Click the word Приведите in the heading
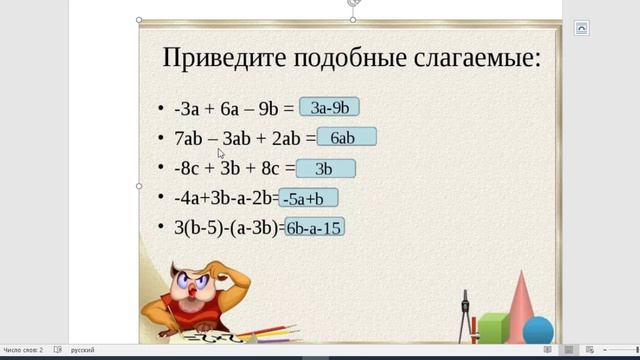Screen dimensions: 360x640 222,58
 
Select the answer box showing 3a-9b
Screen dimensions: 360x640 330,108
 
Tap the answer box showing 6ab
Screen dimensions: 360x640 346,138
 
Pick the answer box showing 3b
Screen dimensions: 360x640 325,168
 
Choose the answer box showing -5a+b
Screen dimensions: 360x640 309,198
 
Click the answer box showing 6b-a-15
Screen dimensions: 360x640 314,228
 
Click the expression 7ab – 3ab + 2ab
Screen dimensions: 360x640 237,139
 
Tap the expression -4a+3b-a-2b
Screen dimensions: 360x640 225,198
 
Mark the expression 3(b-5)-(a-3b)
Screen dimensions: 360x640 228,228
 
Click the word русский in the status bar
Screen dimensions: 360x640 83,350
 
